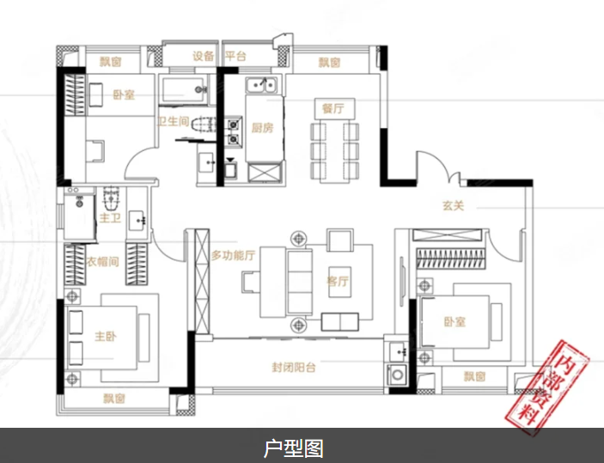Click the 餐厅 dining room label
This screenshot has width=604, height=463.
pos(333,108)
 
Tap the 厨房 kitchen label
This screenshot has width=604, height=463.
pos(262,128)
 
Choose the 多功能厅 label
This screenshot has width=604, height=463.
pos(234,255)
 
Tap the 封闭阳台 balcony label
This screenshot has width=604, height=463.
pos(295,368)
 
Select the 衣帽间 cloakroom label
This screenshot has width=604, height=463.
pos(102,261)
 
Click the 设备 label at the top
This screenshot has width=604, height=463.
pos(203,57)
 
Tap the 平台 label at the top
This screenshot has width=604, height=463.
pos(236,57)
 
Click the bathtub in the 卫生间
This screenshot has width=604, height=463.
pos(185,87)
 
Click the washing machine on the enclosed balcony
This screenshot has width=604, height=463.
pos(397,375)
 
